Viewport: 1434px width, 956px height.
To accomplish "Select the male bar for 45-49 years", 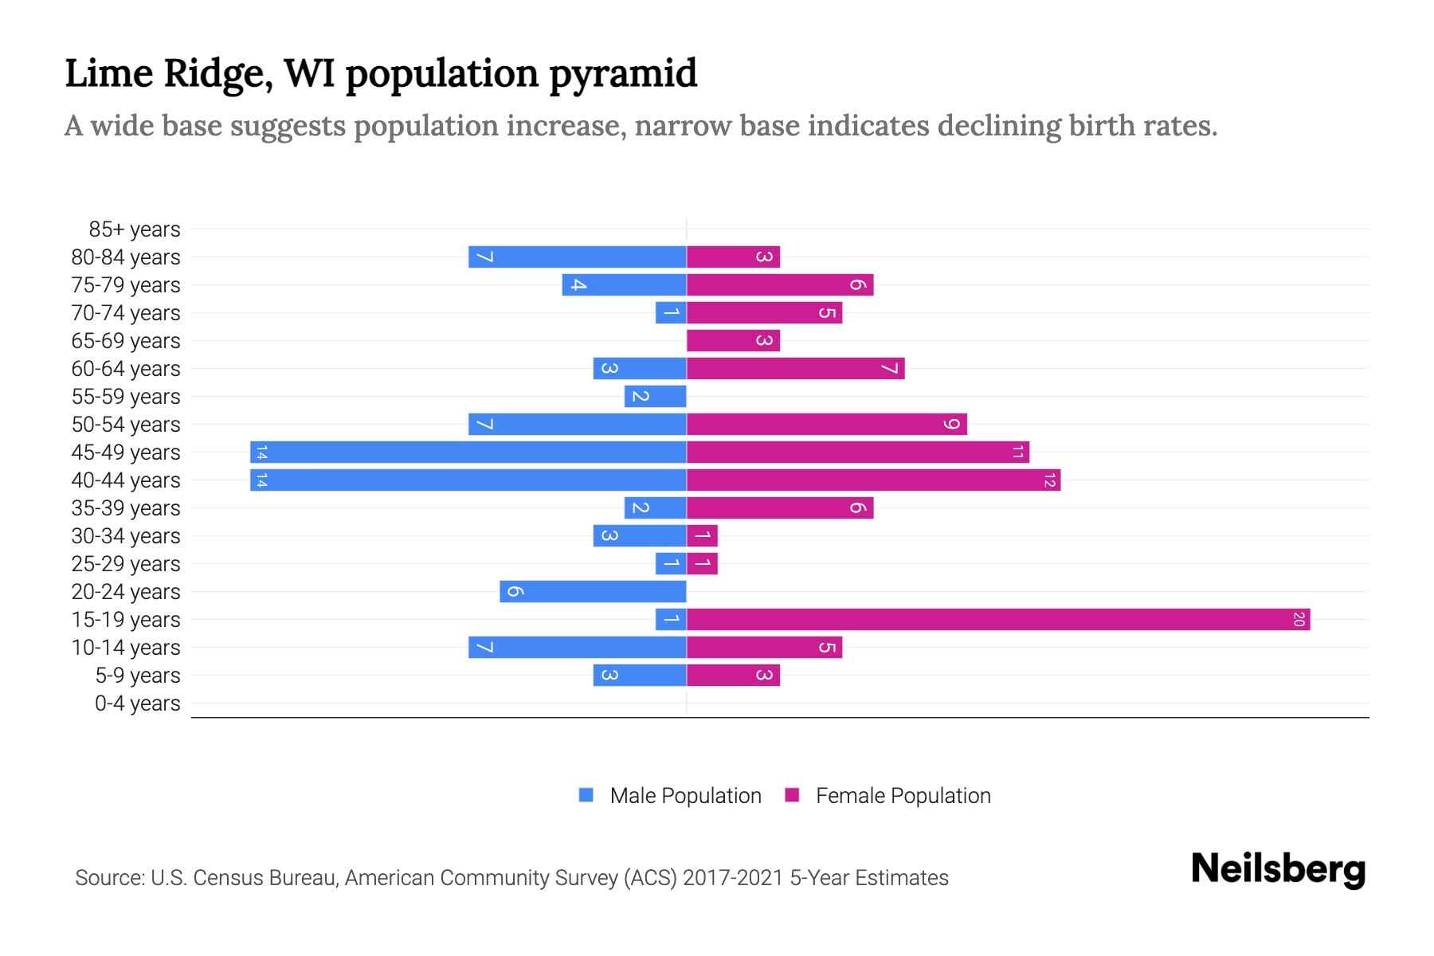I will [468, 452].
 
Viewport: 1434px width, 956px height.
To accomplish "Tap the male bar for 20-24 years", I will [593, 591].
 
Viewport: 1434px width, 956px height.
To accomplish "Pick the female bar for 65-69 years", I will [733, 340].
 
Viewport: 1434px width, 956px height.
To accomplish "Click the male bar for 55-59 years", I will [655, 396].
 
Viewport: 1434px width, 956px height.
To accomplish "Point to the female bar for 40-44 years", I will [873, 480].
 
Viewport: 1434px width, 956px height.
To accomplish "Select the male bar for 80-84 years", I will [577, 257].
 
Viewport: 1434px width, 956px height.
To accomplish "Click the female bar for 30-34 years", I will [702, 535].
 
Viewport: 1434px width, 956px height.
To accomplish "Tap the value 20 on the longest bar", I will [1298, 619].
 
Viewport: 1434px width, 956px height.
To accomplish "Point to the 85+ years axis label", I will [135, 229].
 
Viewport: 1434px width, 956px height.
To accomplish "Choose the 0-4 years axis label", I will [137, 703].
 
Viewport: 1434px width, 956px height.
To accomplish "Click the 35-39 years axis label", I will [126, 508].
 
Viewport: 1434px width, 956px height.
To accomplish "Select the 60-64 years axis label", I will [126, 369].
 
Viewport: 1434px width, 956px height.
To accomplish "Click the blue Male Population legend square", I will [586, 795].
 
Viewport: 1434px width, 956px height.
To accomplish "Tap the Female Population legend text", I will [903, 795].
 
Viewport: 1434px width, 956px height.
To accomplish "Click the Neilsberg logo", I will [1278, 869].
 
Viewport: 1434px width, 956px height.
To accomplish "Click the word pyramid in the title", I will [623, 73].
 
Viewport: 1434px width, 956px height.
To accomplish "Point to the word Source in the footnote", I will [109, 878].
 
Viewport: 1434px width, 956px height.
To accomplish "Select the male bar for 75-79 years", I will [624, 284].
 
